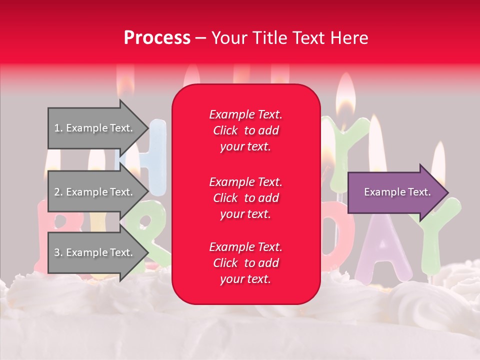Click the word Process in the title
[157, 38]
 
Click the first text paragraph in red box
[245, 130]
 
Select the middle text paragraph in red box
[245, 198]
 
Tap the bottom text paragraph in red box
[245, 263]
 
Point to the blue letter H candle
[157, 155]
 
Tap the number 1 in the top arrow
[57, 128]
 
